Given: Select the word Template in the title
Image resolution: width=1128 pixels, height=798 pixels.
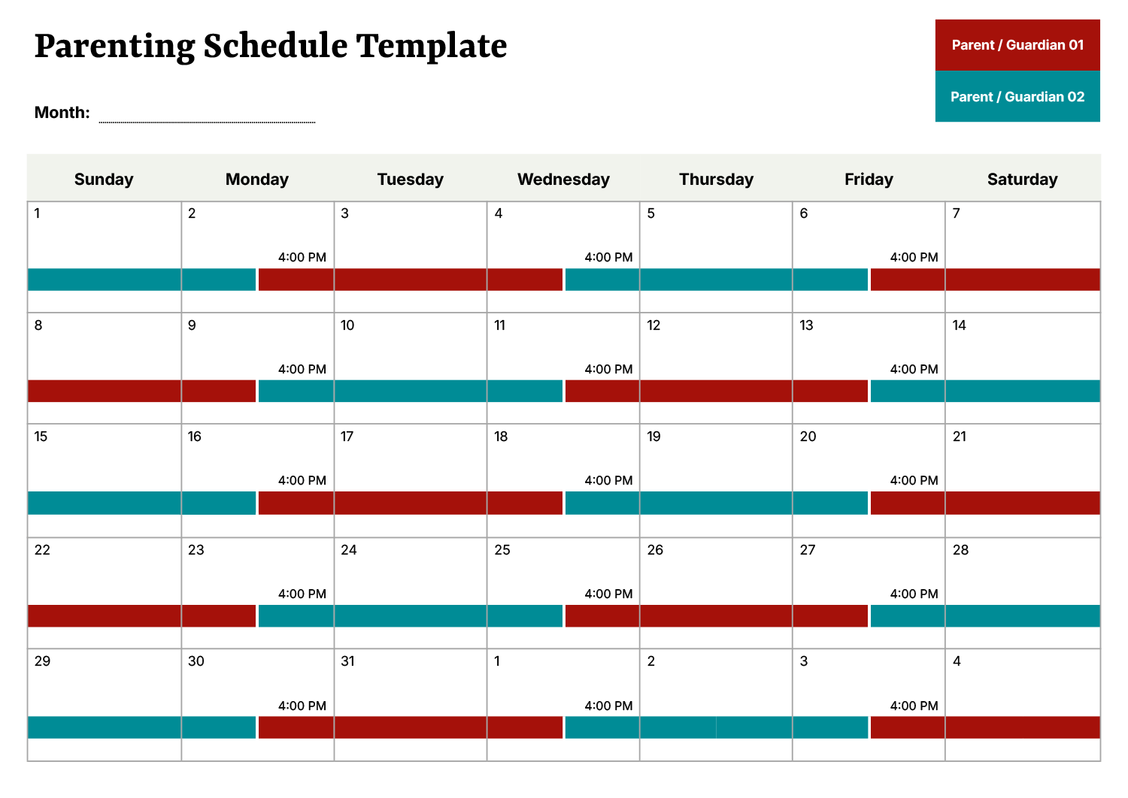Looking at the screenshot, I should (x=432, y=46).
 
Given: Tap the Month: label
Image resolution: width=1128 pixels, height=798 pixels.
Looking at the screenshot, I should (x=62, y=113).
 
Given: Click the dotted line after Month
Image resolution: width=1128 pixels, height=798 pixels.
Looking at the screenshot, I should (x=207, y=121).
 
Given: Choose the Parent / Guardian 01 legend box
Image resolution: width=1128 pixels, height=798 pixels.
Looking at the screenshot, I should (x=1017, y=45).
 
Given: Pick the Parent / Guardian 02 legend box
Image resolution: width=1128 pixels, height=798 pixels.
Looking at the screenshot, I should (x=1017, y=97).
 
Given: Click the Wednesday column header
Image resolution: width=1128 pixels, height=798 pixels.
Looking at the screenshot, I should (x=563, y=179).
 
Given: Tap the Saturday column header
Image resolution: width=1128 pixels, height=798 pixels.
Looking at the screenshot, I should (x=1022, y=179).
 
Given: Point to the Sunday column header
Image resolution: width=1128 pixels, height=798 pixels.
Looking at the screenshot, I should (x=104, y=179).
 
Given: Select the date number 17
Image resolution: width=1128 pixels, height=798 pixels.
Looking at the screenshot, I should (x=347, y=437).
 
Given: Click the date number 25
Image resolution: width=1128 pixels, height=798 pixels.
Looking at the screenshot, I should (x=502, y=550).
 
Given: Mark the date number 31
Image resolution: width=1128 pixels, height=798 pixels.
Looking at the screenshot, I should (x=347, y=661).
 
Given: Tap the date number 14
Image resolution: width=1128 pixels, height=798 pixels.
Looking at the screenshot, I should (x=959, y=325).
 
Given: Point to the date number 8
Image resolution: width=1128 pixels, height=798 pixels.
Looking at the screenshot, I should (x=38, y=325).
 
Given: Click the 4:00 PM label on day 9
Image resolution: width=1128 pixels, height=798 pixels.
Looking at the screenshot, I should (x=302, y=369).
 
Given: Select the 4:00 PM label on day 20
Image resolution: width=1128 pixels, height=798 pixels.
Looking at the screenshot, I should (x=914, y=480).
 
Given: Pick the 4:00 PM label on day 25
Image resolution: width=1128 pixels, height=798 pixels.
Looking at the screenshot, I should (x=608, y=594).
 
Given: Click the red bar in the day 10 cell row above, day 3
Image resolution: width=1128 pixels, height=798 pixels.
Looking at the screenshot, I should (x=411, y=280).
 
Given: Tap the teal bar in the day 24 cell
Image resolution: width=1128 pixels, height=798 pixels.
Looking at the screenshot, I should (x=411, y=616).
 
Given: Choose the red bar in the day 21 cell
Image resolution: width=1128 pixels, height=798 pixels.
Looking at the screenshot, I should (x=1022, y=503).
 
